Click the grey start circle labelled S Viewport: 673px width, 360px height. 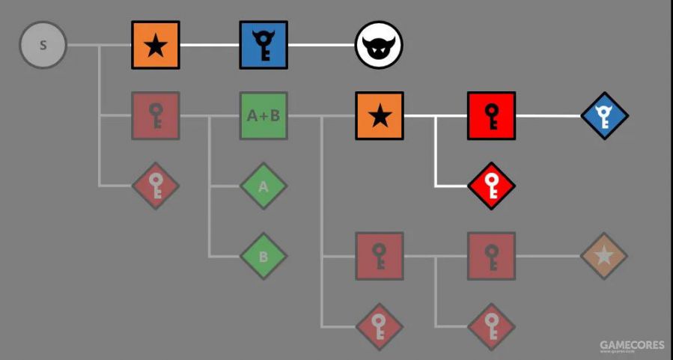tap(43, 45)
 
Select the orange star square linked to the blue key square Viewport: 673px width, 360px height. tap(155, 45)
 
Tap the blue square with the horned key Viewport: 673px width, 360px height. tap(264, 45)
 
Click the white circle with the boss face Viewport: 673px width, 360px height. tap(379, 45)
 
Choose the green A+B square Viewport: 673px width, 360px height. tap(264, 116)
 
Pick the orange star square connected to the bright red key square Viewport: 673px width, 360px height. tap(380, 116)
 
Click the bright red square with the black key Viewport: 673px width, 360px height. tap(491, 116)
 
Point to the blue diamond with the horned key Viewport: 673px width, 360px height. tap(604, 116)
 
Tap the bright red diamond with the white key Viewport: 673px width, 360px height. tap(491, 185)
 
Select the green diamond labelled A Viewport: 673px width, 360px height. tap(264, 186)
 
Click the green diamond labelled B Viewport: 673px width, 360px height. tap(264, 256)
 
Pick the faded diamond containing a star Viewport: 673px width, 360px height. tap(604, 256)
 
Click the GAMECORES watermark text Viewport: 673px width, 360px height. tap(631, 346)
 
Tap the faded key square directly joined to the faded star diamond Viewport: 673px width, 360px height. tap(491, 256)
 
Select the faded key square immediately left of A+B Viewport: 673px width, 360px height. tap(155, 116)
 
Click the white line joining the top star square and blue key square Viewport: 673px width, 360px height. tap(210, 45)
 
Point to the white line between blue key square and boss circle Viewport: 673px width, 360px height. tap(321, 45)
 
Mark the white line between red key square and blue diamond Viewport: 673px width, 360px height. tap(549, 116)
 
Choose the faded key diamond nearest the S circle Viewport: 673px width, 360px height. tap(155, 185)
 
